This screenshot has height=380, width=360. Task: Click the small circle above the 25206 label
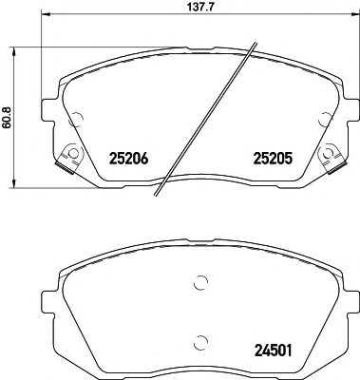pos(77,119)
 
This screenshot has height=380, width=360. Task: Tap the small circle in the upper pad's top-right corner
pos(325,119)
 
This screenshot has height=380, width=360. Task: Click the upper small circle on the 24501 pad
pos(199,282)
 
